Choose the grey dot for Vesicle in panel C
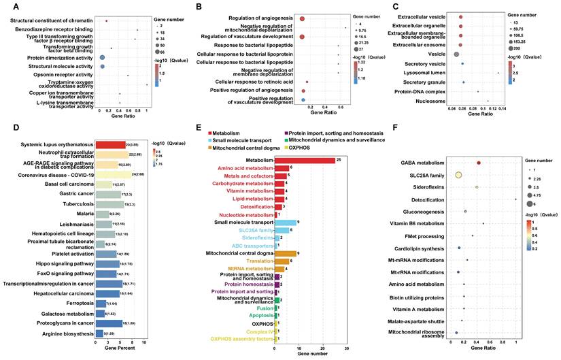457,53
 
